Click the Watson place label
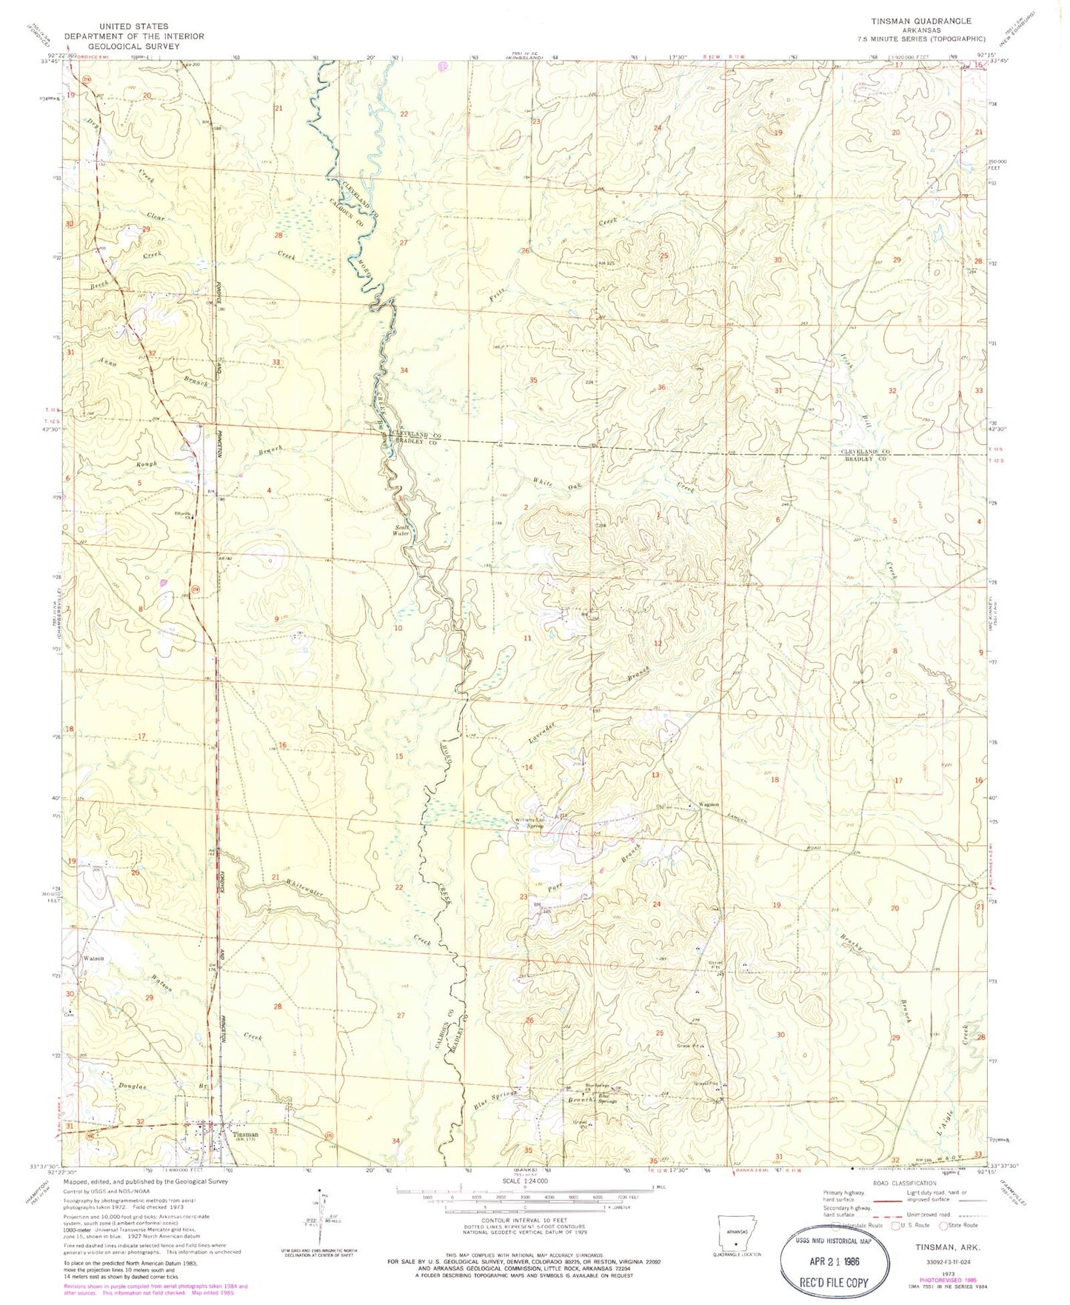tap(93, 958)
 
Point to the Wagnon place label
tap(709, 805)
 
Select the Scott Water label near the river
tap(401, 530)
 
